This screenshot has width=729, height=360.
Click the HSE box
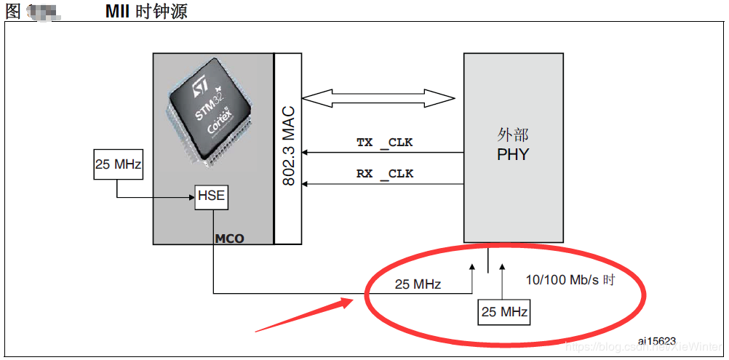tap(212, 196)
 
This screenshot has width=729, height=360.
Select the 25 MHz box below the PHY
tap(503, 312)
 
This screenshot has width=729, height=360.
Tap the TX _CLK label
tap(384, 143)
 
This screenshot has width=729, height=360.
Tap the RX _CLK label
tap(384, 174)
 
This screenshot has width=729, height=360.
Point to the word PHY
tap(513, 154)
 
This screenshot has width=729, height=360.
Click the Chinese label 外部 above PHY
tap(513, 136)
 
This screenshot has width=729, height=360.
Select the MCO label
tap(229, 239)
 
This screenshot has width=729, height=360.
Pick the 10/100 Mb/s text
tap(560, 280)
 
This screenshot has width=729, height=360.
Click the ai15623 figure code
tap(657, 340)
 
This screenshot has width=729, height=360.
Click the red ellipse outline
tap(645, 292)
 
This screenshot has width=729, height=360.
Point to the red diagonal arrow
tap(306, 313)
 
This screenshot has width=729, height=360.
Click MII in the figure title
tap(119, 12)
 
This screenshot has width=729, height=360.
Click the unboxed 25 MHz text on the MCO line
tap(418, 284)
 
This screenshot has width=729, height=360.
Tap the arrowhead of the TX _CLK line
tap(306, 152)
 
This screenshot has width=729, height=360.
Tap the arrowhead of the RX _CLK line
tap(306, 183)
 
